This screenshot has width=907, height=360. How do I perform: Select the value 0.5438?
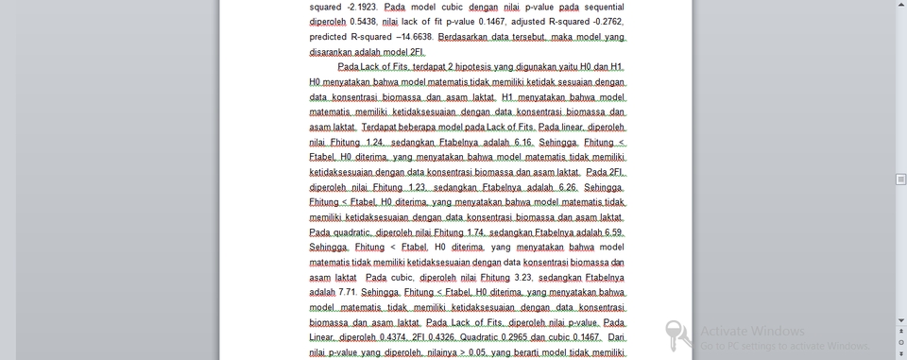pyautogui.click(x=362, y=22)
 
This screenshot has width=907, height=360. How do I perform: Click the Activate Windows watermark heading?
pyautogui.click(x=752, y=332)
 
